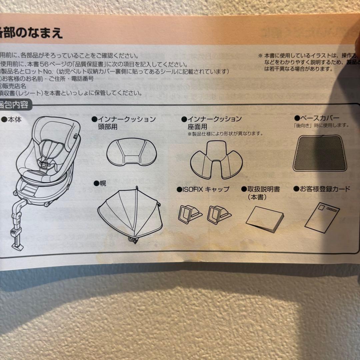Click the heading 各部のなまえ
tap(32, 33)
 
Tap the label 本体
tap(14, 119)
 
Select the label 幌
tap(102, 183)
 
